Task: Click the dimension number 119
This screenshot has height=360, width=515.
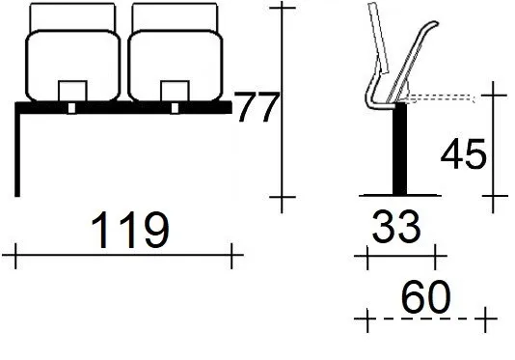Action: [130, 230]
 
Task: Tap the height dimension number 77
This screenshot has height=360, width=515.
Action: [257, 107]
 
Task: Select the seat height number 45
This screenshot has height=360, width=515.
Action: [463, 153]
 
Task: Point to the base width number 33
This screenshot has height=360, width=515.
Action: [396, 226]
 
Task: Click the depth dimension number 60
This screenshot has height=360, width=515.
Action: [426, 296]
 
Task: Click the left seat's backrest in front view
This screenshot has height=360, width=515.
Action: [72, 66]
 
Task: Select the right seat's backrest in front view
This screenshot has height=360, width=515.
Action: [176, 66]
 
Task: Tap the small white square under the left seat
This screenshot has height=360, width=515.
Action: [71, 108]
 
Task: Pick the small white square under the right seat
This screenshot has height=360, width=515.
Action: [175, 108]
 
